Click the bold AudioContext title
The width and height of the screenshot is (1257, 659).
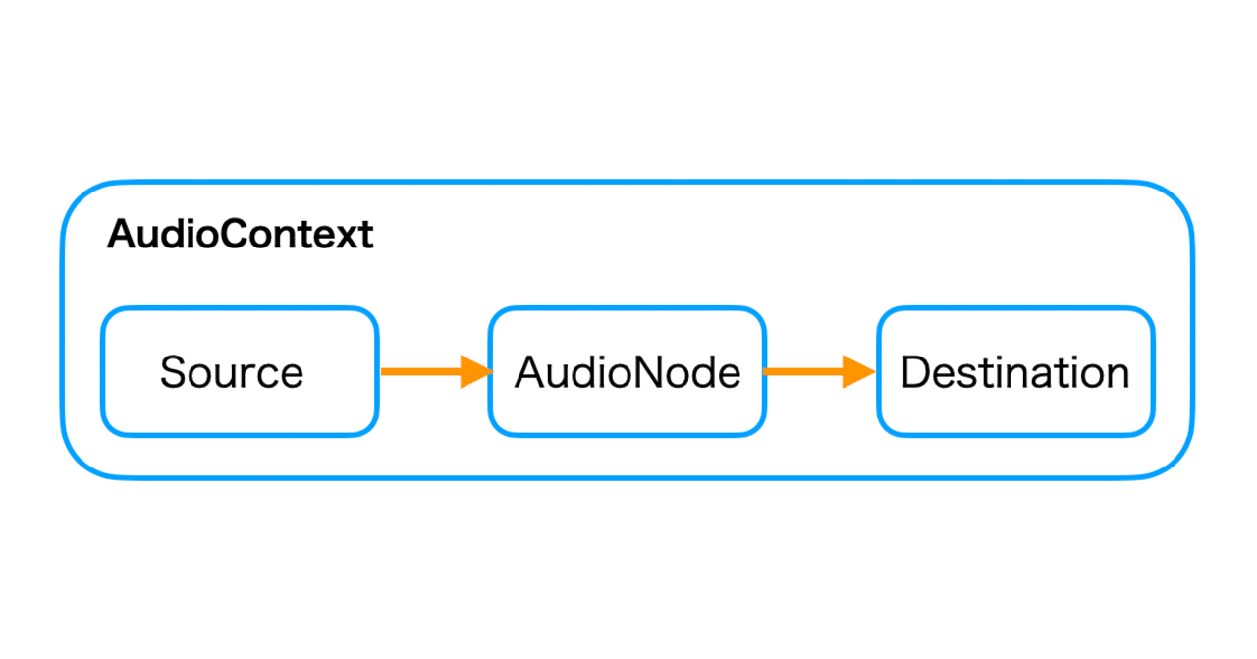[240, 236]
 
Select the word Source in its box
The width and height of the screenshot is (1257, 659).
[232, 373]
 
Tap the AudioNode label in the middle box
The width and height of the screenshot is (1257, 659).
[628, 373]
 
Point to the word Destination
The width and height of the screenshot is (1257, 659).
[1014, 373]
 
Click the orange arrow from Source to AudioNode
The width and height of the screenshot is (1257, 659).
[432, 372]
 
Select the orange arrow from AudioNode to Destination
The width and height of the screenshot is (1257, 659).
[815, 372]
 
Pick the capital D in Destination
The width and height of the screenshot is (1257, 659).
[913, 373]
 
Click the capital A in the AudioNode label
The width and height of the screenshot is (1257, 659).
[528, 373]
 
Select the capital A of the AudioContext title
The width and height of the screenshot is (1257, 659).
[120, 236]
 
